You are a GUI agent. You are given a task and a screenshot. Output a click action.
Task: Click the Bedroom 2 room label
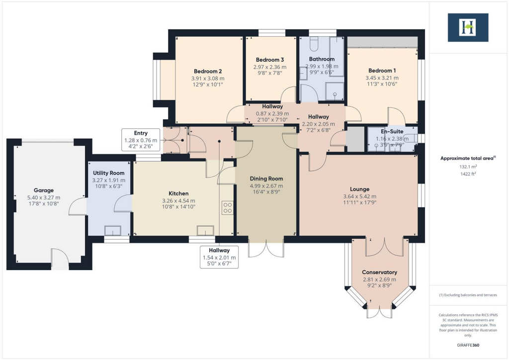coord(208,71)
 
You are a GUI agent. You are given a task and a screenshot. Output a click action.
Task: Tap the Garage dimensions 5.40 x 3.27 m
coord(44,197)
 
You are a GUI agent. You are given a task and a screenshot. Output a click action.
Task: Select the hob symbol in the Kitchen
coord(228,207)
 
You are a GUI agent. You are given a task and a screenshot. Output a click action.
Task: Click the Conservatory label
coord(379,272)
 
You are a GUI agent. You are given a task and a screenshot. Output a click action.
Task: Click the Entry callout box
coord(141,140)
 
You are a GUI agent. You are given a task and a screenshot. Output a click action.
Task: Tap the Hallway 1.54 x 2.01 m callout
coord(219,257)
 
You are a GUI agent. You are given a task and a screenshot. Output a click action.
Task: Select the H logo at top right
coord(468,27)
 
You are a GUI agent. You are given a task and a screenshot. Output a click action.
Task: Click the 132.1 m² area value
coord(468,167)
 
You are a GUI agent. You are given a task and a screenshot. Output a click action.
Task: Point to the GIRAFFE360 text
coord(468,345)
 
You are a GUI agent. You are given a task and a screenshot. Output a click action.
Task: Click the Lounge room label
coord(359,189)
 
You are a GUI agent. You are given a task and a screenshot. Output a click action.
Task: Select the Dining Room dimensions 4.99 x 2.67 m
coord(266,186)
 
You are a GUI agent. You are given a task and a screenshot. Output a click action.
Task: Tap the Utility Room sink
coord(112,230)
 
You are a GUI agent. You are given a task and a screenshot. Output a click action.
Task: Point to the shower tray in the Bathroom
coord(335,90)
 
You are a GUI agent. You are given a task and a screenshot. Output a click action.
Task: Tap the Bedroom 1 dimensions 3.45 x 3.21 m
coord(382,78)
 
